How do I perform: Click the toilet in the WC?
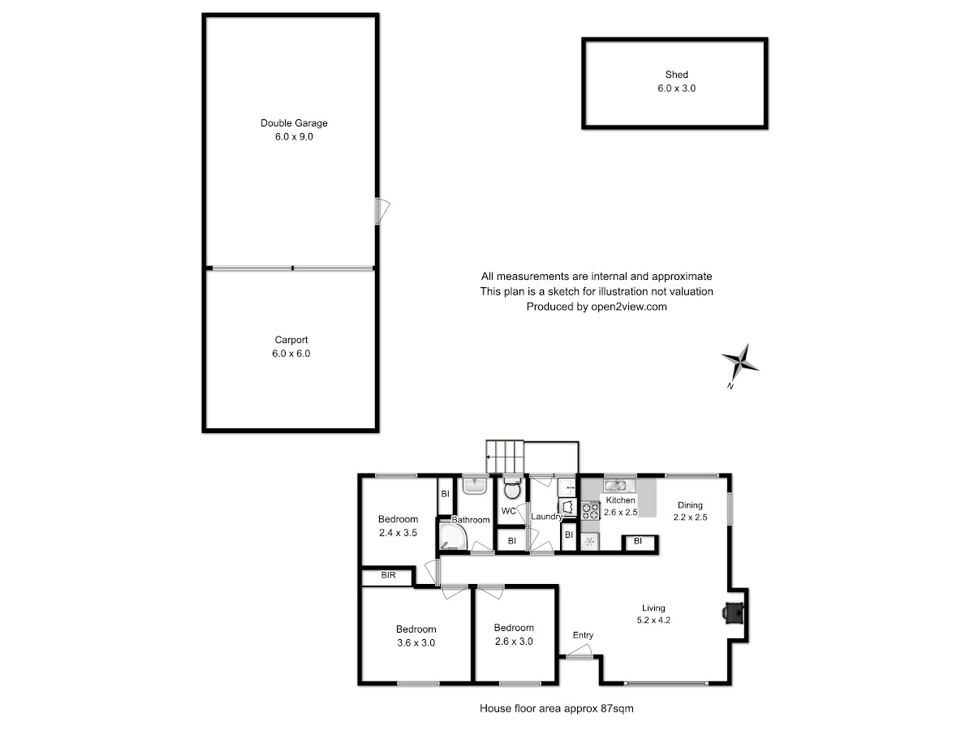coord(512,487)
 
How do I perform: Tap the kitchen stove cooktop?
coord(591,510)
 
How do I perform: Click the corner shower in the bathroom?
coord(453,536)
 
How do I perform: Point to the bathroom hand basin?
coord(475,485)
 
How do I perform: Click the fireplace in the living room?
coord(733,613)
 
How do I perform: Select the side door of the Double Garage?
coord(382,211)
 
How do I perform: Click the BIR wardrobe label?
coord(388,575)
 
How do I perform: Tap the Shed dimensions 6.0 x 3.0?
coord(676,88)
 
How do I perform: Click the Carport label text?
coord(291,340)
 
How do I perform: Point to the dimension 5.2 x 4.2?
coord(653,620)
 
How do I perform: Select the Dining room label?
coord(690,505)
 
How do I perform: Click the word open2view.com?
coord(629,307)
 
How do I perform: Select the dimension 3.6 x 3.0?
coord(416,642)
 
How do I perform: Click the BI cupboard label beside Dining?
coord(638,541)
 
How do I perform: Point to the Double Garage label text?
coord(294,123)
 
